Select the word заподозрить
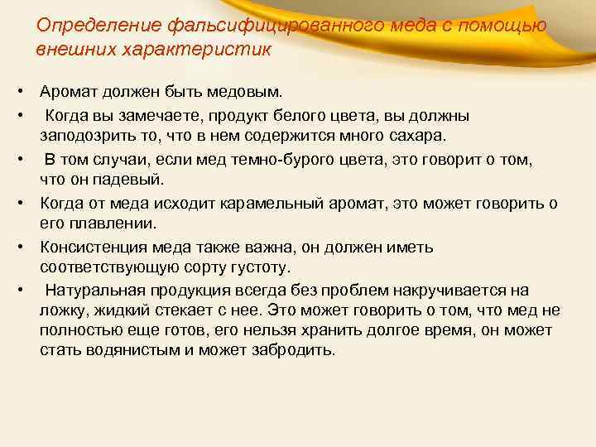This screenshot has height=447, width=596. pos(86,135)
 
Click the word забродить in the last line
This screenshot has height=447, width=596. pos(294,349)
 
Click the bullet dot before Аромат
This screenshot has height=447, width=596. pos(18,89)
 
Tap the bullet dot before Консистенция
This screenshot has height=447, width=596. pos(18,247)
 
